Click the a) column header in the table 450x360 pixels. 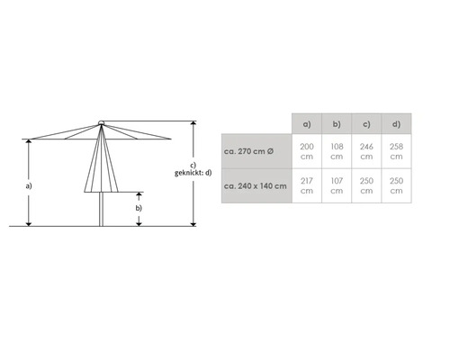tap(307, 124)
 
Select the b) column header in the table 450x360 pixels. tap(337, 124)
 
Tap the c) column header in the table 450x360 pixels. tap(366, 124)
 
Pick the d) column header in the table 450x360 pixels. tap(396, 124)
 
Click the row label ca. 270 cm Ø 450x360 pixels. tap(248, 151)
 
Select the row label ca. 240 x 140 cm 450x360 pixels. tap(255, 185)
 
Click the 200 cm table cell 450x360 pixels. tap(307, 151)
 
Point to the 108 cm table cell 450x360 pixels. tap(337, 151)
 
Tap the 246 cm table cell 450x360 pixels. tap(366, 151)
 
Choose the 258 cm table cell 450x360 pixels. tap(396, 151)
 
